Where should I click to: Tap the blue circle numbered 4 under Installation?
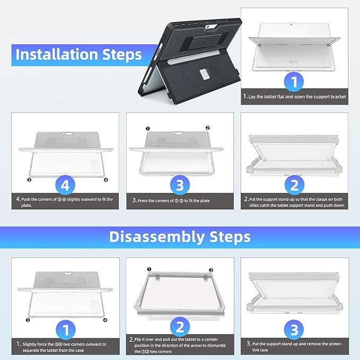(65, 185)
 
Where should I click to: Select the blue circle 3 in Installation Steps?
(180, 185)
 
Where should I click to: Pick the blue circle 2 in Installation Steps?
(294, 185)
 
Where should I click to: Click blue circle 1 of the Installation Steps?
(294, 82)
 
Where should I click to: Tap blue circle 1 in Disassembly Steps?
(66, 330)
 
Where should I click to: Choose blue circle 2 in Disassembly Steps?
(180, 327)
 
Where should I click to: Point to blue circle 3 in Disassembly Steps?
(294, 330)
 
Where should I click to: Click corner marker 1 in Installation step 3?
(147, 128)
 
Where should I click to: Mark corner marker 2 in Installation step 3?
(207, 128)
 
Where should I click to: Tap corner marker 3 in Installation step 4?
(29, 180)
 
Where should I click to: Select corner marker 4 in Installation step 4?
(106, 180)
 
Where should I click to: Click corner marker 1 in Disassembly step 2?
(149, 269)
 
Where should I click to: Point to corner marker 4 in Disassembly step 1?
(105, 320)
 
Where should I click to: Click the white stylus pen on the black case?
(194, 57)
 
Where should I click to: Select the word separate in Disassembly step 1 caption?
(31, 350)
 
